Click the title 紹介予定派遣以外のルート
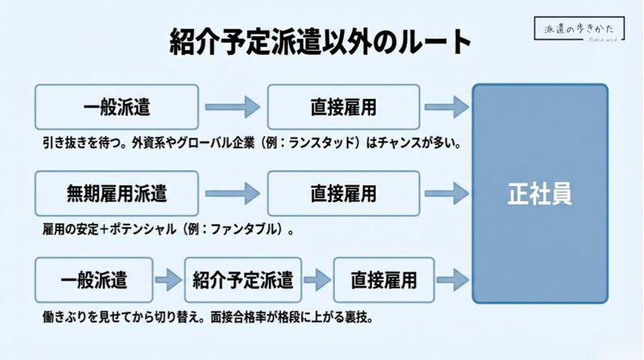(x=321, y=43)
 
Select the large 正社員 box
(x=539, y=193)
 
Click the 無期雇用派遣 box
(x=117, y=193)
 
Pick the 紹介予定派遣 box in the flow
(x=242, y=280)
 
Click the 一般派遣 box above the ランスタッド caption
(x=117, y=107)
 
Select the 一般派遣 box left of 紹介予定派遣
(x=94, y=280)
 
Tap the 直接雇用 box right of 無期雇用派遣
(x=344, y=193)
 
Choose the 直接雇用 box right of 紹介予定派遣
(x=383, y=280)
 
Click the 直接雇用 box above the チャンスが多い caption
(x=344, y=107)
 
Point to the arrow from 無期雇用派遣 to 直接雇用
(x=233, y=193)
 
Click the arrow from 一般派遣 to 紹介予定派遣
(x=168, y=280)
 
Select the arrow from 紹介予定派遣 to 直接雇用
(x=317, y=280)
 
